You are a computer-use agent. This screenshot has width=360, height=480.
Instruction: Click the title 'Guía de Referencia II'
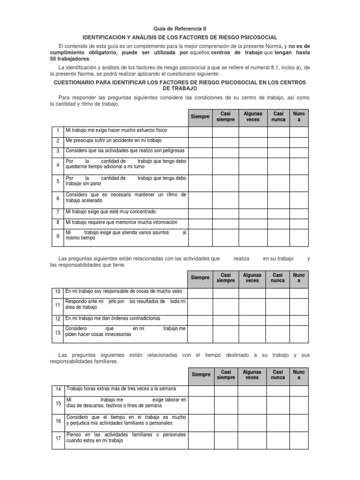point(180,29)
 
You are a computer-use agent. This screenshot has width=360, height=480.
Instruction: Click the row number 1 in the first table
point(57,130)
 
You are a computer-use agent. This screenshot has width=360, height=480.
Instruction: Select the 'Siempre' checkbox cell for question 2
point(200,141)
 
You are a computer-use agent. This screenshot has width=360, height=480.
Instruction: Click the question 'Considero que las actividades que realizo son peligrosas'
point(125,151)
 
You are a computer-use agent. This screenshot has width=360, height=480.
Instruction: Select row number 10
point(57,292)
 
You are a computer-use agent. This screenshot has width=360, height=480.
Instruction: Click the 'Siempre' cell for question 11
point(200,306)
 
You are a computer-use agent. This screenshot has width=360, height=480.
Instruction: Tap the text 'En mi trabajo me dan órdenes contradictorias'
point(112,318)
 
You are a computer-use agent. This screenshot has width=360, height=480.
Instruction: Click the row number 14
point(58,390)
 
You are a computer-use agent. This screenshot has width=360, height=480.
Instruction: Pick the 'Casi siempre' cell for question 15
point(226,403)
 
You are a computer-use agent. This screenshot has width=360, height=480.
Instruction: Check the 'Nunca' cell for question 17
point(299,440)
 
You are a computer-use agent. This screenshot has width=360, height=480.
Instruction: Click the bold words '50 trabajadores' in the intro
point(69,60)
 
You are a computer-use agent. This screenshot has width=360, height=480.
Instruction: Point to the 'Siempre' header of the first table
point(200,117)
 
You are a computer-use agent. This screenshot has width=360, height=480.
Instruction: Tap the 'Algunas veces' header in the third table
point(252,375)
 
